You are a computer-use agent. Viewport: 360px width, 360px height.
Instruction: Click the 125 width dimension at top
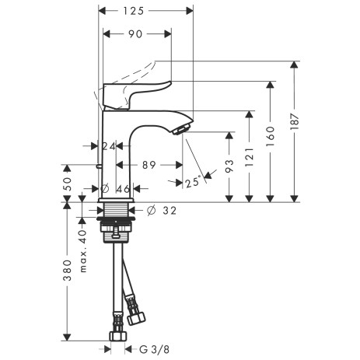click(x=146, y=12)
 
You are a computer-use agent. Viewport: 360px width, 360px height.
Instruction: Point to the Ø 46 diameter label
click(x=117, y=188)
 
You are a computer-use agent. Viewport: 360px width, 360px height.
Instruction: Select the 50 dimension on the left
click(x=68, y=184)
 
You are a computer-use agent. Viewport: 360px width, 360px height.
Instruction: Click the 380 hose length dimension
click(x=68, y=269)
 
